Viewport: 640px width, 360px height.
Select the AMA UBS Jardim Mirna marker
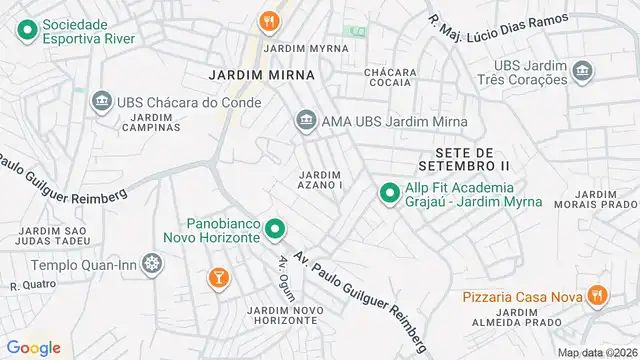coord(305,122)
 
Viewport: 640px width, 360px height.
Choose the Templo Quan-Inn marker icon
coord(151,265)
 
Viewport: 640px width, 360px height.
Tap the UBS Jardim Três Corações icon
coord(581,71)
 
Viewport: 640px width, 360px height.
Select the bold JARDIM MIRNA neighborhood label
coord(262,75)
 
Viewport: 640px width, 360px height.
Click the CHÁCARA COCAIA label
coord(390,79)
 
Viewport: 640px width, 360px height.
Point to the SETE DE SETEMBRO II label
coord(463,157)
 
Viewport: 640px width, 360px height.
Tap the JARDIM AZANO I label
coord(321,181)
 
